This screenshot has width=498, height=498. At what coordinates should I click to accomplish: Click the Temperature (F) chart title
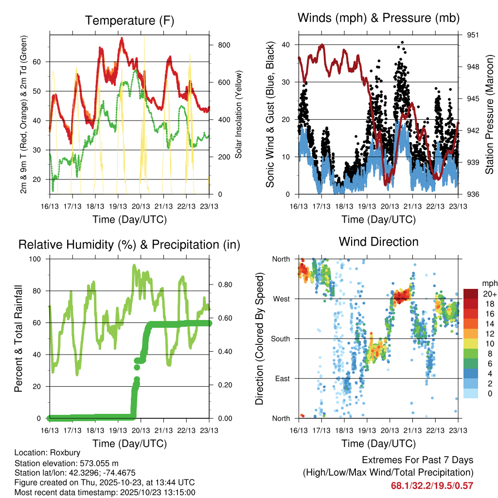point(129,20)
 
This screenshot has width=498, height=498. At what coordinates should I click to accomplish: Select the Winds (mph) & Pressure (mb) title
point(378,18)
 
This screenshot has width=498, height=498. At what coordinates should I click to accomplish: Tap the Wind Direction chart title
point(378,242)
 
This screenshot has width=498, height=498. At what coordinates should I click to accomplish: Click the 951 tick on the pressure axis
point(473,35)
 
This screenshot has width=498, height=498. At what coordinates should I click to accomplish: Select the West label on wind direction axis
point(281,299)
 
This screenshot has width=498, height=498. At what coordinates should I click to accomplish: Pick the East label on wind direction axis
point(282,378)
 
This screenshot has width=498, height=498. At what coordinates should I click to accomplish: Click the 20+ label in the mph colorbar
point(489,294)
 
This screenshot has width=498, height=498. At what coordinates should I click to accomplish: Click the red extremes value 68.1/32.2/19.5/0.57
point(432,485)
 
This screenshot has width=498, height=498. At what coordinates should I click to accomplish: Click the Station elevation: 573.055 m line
point(67,463)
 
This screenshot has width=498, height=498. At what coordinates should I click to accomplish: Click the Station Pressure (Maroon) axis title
point(489,114)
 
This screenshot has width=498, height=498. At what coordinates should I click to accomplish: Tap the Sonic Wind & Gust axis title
point(270,115)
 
